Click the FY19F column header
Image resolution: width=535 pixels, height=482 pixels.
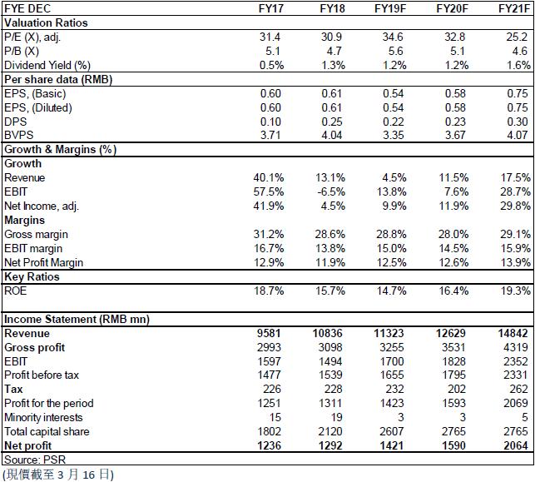click(390, 8)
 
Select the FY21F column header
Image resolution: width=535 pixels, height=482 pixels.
click(514, 8)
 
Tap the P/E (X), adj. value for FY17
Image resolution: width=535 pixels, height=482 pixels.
click(270, 37)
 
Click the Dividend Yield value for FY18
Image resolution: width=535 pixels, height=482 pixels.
click(334, 65)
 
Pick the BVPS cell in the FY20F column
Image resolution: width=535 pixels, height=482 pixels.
click(455, 135)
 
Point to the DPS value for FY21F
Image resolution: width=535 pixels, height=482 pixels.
click(518, 122)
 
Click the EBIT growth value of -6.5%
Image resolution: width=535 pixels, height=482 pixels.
click(331, 191)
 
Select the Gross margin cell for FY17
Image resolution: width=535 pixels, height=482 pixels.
click(269, 235)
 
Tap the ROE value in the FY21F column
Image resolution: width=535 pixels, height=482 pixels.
click(515, 291)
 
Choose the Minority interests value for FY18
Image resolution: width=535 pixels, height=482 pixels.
click(336, 417)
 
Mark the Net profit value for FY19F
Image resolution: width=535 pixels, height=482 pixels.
click(392, 445)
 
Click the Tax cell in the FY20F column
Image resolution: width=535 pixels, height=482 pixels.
click(457, 389)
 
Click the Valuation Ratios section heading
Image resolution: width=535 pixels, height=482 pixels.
click(46, 22)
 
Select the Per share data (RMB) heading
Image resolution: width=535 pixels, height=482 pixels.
click(58, 80)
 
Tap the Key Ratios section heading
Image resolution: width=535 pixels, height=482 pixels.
click(32, 277)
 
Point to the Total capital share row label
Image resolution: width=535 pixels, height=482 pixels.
click(47, 431)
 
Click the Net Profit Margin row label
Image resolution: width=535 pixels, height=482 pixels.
click(44, 262)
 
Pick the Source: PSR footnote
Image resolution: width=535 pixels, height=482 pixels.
click(35, 460)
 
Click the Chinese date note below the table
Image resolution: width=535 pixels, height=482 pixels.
click(58, 475)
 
